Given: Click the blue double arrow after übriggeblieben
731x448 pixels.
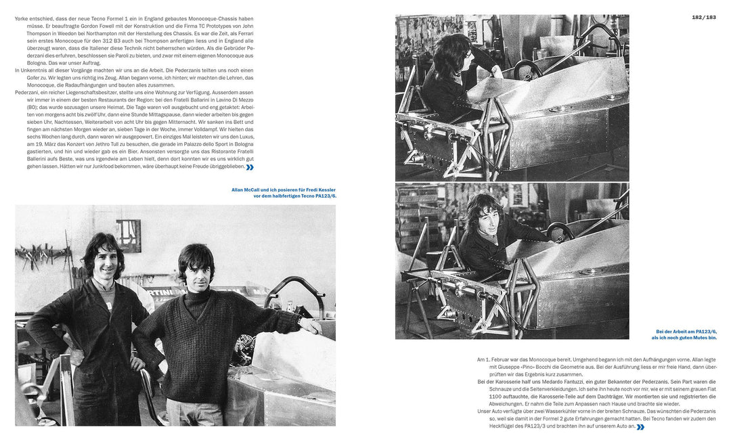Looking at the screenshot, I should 250,167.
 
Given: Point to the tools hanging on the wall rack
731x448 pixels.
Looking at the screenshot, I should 44,257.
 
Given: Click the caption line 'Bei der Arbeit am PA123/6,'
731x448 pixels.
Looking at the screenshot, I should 684,331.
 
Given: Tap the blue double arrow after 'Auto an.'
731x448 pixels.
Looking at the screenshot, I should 640,427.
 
